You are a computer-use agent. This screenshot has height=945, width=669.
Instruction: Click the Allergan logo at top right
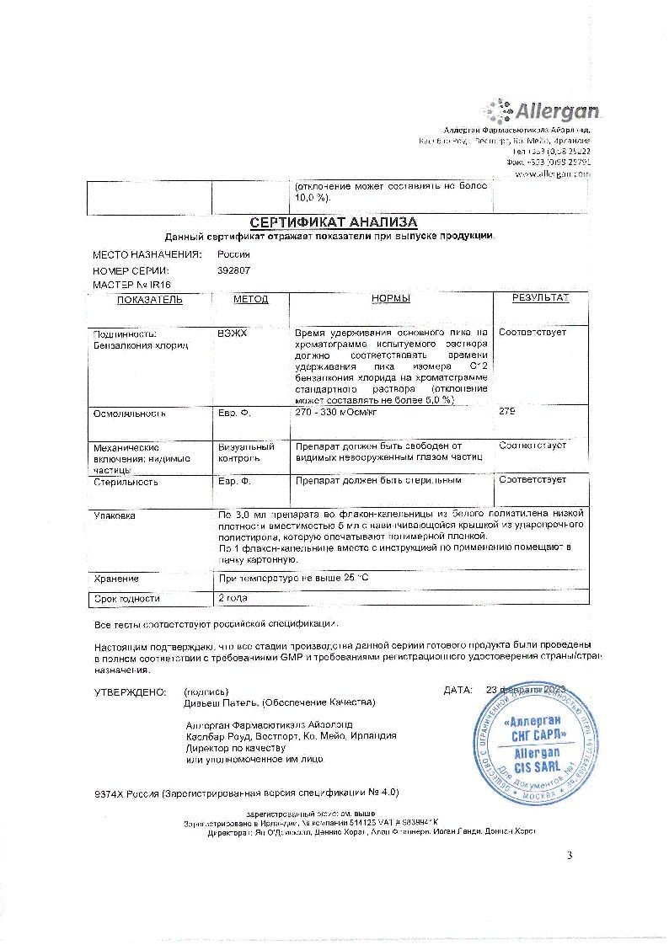(x=540, y=111)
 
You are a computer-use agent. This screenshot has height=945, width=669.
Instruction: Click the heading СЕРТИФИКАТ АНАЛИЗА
(x=334, y=222)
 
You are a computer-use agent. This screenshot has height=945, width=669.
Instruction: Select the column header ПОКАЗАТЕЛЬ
(x=149, y=299)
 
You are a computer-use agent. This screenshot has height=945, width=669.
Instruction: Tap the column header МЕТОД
(x=251, y=299)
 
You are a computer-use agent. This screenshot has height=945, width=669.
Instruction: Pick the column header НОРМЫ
(x=390, y=299)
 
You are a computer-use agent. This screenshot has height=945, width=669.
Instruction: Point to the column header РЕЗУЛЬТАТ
(x=540, y=298)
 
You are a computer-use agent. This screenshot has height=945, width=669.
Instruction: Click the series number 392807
(x=233, y=270)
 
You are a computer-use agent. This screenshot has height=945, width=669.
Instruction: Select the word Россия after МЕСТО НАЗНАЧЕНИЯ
(x=233, y=254)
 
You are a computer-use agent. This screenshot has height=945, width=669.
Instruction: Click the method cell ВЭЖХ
(x=228, y=333)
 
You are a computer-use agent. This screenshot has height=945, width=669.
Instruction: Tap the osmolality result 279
(x=506, y=412)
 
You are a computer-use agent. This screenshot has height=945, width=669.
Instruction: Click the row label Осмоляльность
(x=129, y=414)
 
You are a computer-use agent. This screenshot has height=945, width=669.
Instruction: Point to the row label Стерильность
(x=126, y=483)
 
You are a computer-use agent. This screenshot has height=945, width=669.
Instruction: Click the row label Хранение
(x=116, y=579)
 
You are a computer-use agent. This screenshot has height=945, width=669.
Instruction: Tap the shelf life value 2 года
(x=233, y=598)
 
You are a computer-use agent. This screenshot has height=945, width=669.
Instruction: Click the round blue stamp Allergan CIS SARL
(x=537, y=741)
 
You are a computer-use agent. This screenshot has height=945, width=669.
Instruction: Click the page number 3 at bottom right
(x=570, y=857)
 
